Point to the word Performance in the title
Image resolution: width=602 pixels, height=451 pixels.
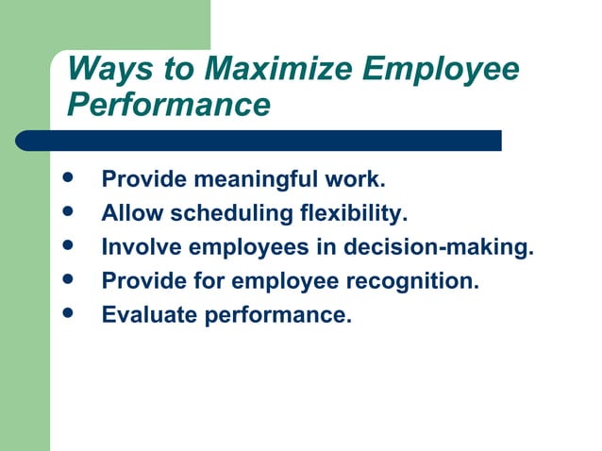[x=169, y=104]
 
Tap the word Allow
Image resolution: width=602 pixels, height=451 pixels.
[x=133, y=213]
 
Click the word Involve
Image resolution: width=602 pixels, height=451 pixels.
[x=142, y=247]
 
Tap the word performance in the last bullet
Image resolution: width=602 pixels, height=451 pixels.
[x=277, y=315]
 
